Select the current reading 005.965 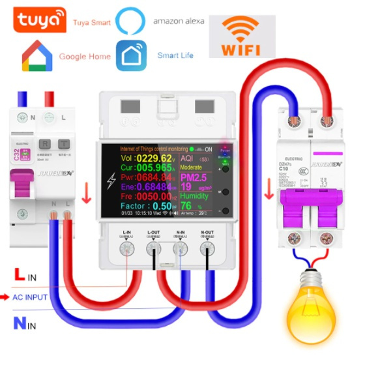pyautogui.click(x=155, y=170)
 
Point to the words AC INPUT pyautogui.click(x=30, y=297)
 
